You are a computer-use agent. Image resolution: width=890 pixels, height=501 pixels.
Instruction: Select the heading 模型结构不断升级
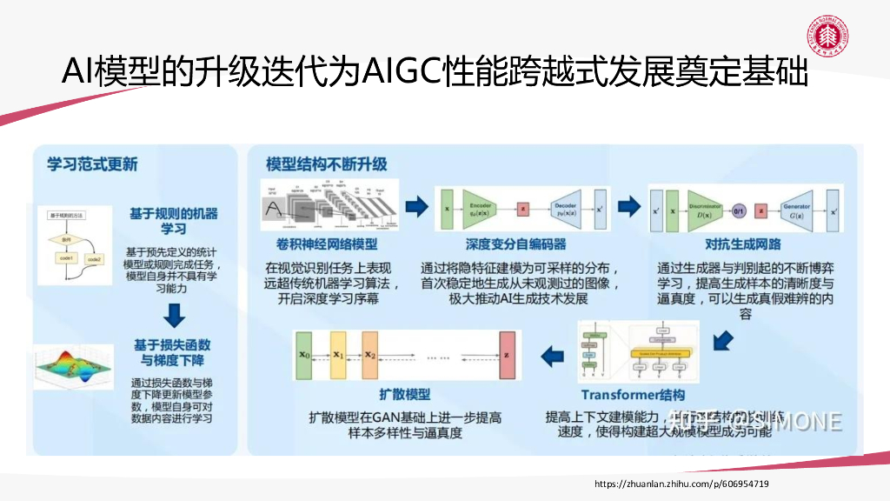pos(326,163)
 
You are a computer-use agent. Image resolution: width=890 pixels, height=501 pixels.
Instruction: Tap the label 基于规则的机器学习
pos(174,220)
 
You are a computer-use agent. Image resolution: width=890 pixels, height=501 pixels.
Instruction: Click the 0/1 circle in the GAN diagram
pos(739,210)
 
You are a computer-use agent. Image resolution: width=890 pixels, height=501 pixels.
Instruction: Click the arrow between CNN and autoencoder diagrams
pos(417,207)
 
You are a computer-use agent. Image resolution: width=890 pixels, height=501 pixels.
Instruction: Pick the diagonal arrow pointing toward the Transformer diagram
pos(722,340)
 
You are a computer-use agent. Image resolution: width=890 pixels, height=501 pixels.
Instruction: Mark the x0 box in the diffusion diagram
pos(303,355)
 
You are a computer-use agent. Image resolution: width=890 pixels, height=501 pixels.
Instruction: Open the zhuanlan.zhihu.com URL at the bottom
pos(681,484)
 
